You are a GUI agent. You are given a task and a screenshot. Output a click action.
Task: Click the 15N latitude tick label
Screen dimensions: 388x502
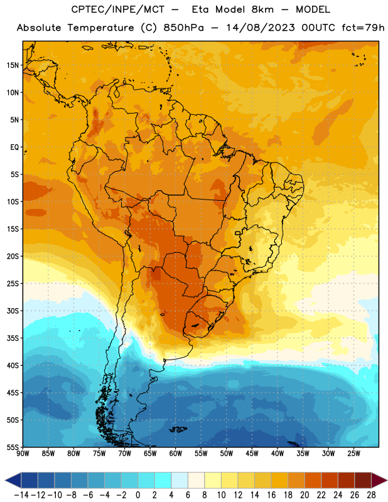[x=13, y=65]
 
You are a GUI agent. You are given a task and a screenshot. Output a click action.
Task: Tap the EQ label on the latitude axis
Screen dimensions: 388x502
[x=14, y=147]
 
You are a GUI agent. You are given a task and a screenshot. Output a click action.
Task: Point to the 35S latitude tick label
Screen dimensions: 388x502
[x=13, y=338]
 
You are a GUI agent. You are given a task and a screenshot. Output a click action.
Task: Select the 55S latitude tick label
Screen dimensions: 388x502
[x=13, y=447]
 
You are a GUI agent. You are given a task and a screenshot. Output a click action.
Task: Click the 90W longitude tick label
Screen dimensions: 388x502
[x=23, y=454]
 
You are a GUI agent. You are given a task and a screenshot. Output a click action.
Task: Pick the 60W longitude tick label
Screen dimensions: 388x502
[x=176, y=454]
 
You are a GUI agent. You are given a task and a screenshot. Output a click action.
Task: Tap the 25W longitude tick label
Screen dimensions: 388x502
[x=354, y=454]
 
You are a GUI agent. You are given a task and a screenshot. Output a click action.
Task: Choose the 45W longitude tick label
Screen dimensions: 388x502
[x=252, y=454]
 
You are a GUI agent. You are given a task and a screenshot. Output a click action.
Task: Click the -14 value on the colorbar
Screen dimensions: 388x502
[x=21, y=495]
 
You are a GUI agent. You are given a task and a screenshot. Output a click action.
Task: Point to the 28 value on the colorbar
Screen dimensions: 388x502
[x=371, y=495]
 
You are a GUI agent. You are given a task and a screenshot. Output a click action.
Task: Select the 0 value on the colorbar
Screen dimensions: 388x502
[x=138, y=495]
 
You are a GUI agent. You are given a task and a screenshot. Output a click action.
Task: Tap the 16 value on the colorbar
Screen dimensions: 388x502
[x=271, y=495]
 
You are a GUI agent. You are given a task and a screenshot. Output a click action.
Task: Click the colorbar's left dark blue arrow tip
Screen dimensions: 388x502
[x=5, y=480]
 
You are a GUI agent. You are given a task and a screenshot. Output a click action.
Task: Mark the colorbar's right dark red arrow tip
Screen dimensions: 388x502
[x=387, y=480]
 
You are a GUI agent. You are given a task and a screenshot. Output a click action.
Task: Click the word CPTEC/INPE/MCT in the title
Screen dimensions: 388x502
[x=118, y=9]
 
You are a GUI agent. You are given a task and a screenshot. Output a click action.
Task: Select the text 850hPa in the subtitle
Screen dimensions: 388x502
[x=183, y=28]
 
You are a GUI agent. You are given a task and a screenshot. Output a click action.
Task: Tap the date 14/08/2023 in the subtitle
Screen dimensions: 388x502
[x=261, y=28]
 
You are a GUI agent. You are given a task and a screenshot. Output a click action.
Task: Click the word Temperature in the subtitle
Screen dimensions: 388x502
[x=101, y=28]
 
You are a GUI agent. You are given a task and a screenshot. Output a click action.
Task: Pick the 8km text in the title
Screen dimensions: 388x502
[x=262, y=9]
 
